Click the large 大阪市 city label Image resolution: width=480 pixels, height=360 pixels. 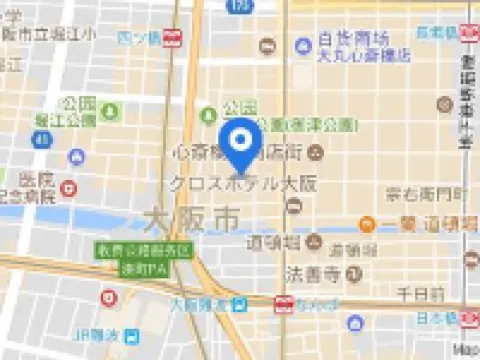191,216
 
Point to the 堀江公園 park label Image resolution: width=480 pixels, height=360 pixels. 78,120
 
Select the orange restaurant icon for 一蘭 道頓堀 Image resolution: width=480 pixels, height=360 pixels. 367,225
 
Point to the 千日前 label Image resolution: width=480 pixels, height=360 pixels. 420,295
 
